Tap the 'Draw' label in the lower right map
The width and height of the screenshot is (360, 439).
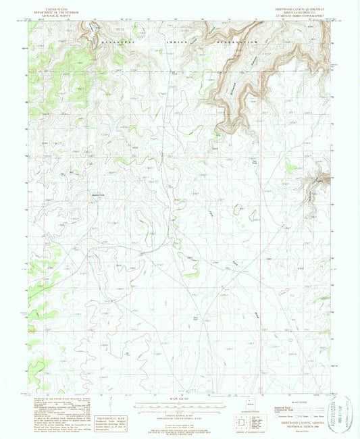pyautogui.click(x=257, y=315)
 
